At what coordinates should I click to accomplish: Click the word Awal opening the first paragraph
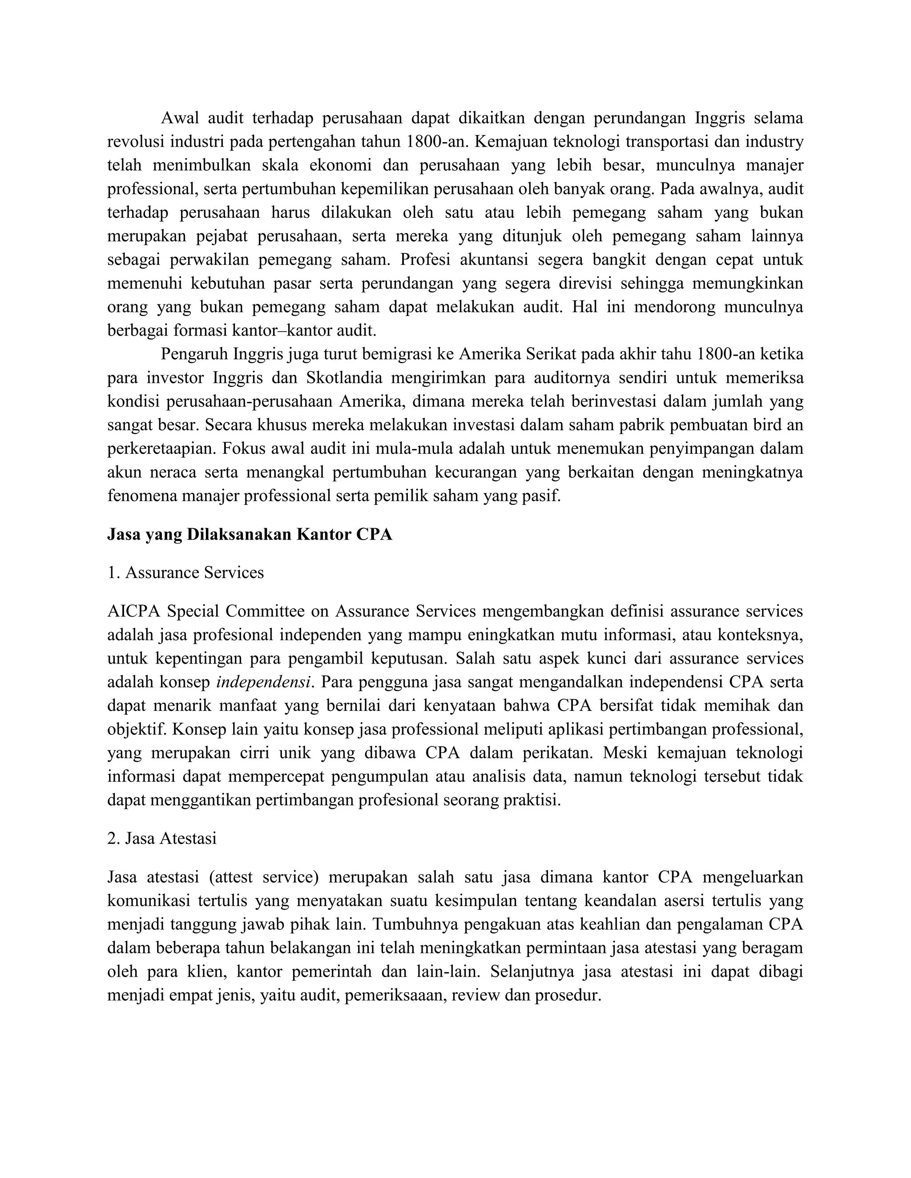coord(180,118)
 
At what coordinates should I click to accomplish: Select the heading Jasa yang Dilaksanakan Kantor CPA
coord(250,534)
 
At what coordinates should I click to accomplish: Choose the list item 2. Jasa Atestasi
coord(162,838)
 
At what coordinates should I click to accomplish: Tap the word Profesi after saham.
coord(425,260)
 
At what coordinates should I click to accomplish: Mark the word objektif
coord(137,729)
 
